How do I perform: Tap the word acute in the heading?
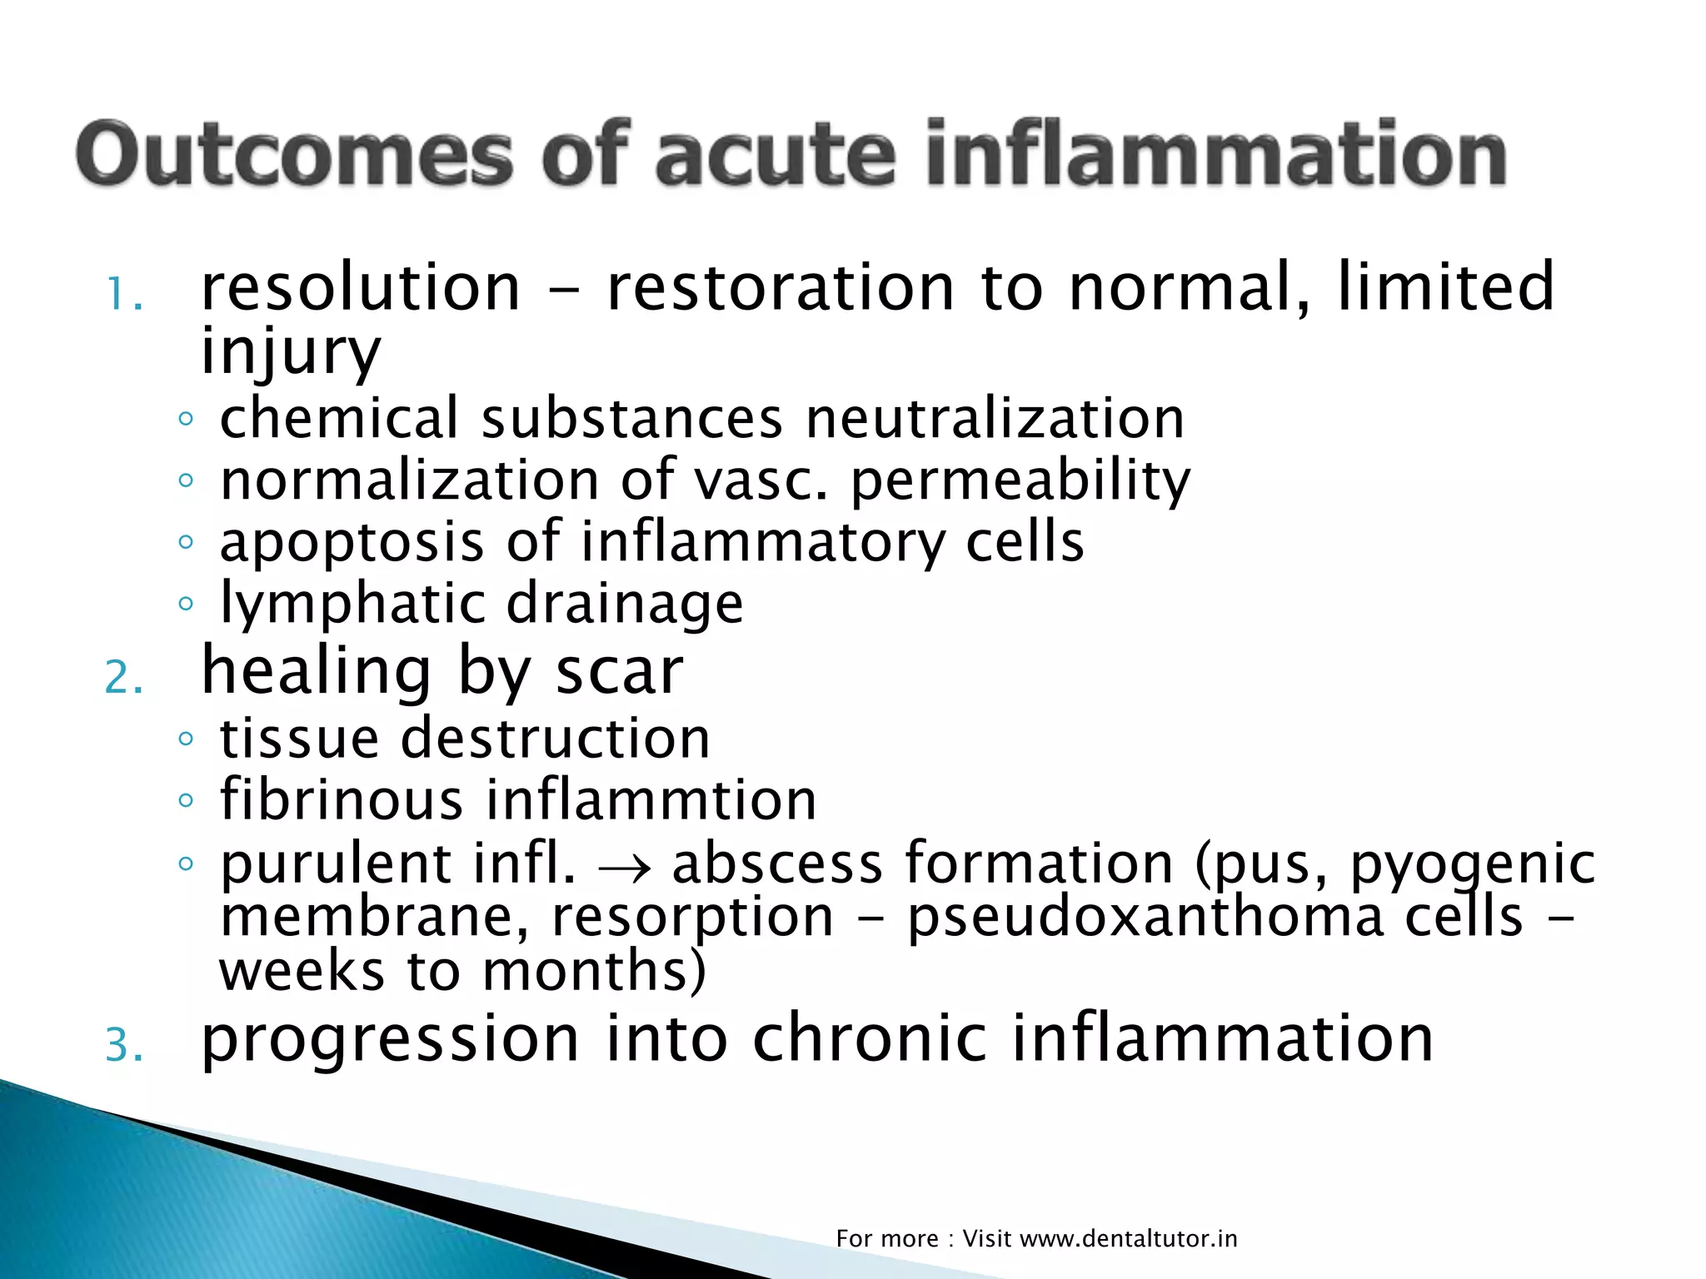775,156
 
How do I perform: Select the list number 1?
123,296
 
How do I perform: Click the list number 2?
123,678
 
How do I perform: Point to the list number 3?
123,1046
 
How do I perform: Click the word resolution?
361,287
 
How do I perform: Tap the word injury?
290,351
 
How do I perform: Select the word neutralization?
995,418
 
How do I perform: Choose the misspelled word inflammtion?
651,800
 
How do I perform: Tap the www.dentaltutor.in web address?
1128,1238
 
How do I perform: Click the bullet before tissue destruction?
186,739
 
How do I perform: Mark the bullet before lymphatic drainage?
186,604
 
